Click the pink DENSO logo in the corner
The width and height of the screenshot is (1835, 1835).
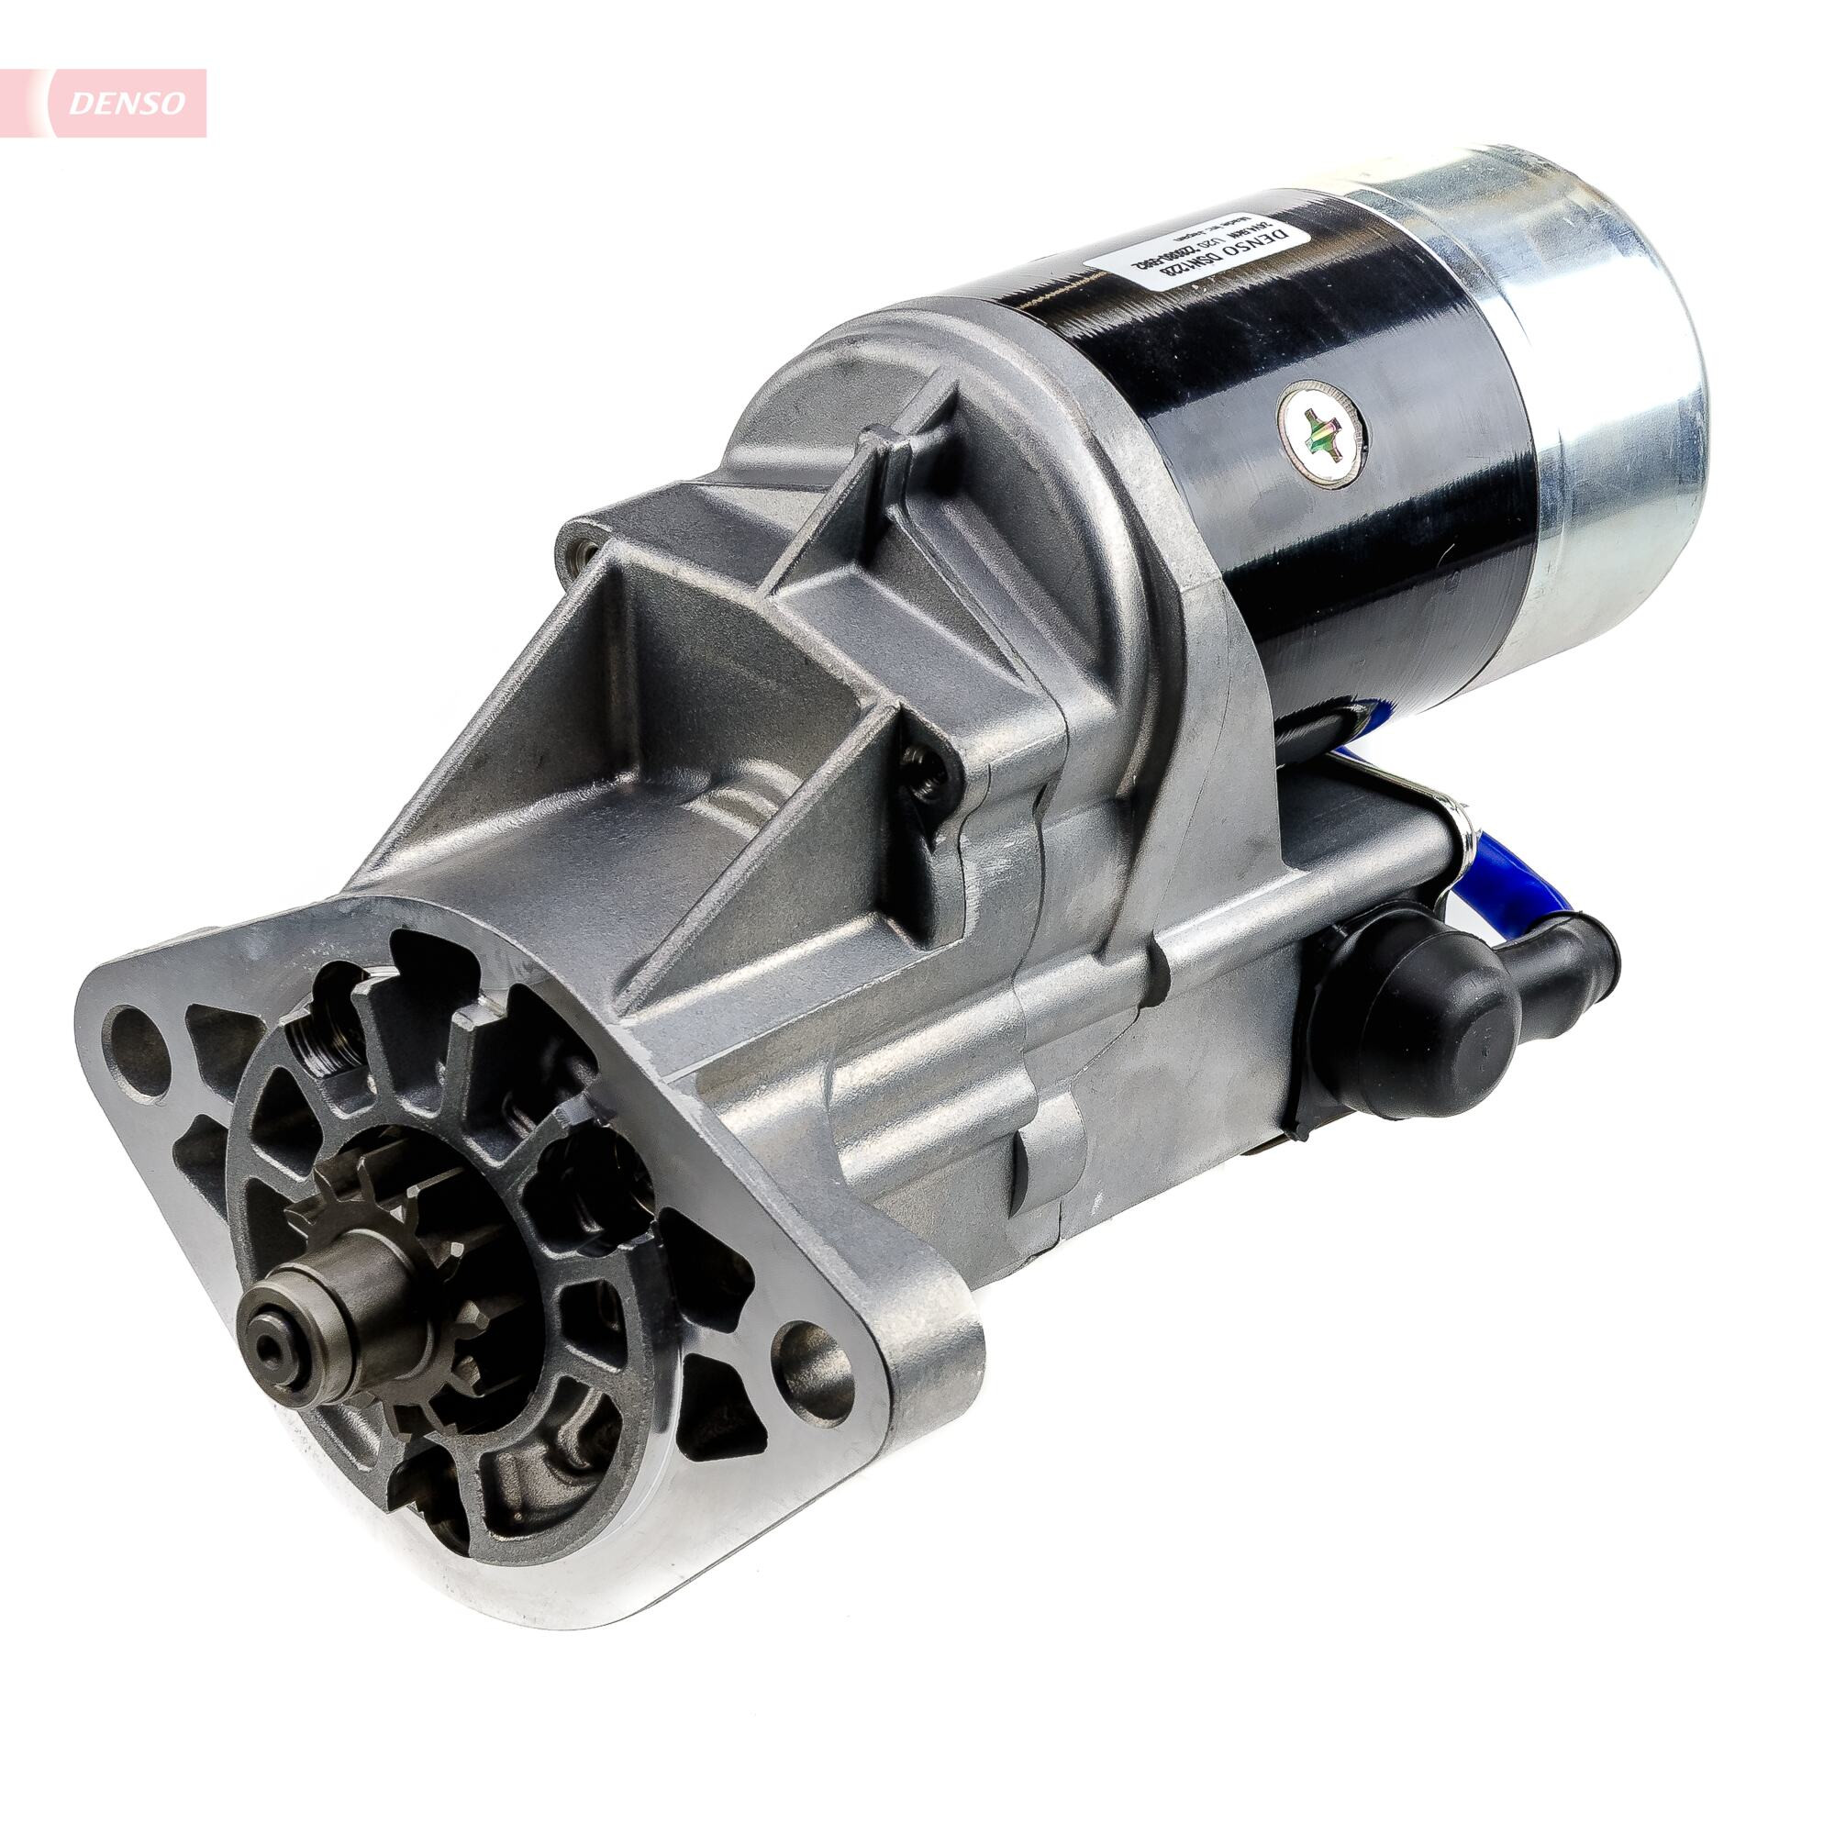coord(124,103)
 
